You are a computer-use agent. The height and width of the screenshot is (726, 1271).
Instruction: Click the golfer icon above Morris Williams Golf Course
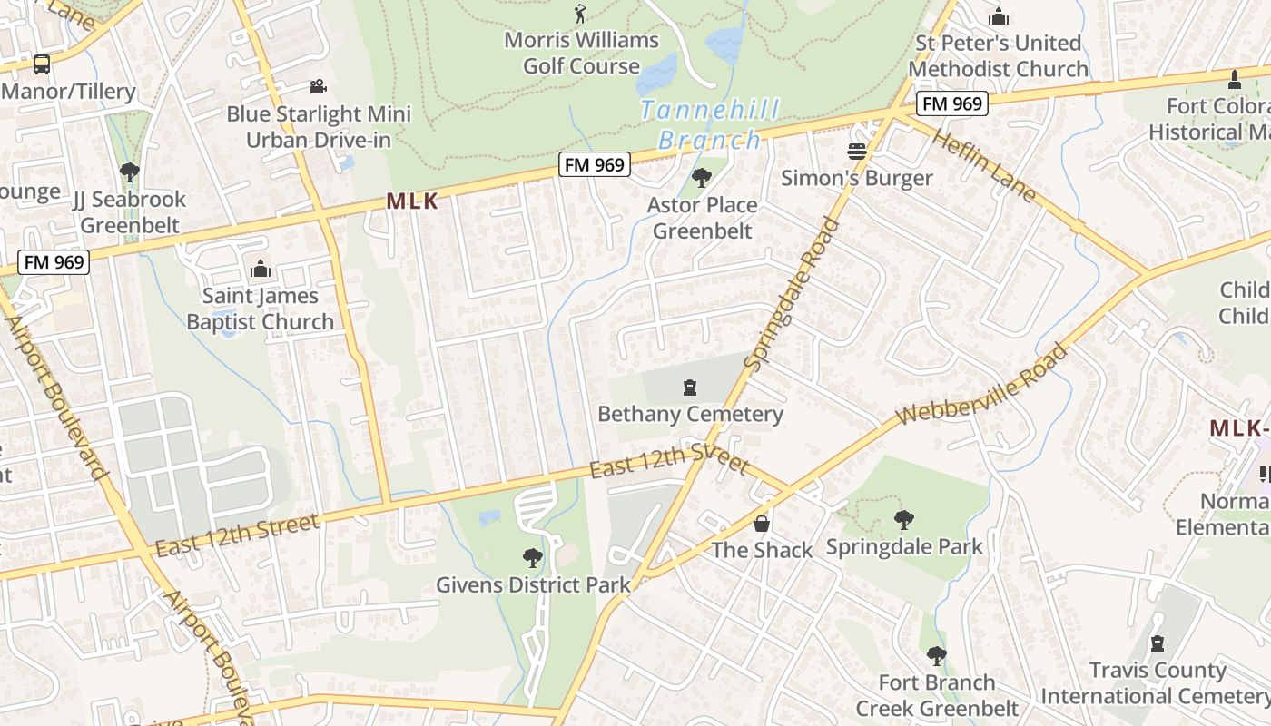pyautogui.click(x=581, y=14)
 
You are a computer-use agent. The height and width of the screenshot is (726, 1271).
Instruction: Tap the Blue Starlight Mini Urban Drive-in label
pyautogui.click(x=319, y=127)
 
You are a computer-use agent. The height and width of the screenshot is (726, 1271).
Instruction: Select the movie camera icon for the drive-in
pyautogui.click(x=318, y=86)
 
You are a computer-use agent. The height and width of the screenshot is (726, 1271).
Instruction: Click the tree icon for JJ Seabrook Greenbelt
pyautogui.click(x=129, y=172)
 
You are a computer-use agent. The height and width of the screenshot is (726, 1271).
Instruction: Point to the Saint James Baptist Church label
pyautogui.click(x=261, y=309)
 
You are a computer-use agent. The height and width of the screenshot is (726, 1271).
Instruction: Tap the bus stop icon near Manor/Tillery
pyautogui.click(x=42, y=64)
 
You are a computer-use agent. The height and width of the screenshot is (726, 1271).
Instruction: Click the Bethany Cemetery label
pyautogui.click(x=690, y=414)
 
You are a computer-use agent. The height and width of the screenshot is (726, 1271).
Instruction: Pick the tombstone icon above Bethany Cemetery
pyautogui.click(x=690, y=388)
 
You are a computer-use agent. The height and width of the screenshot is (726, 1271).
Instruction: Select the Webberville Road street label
pyautogui.click(x=982, y=384)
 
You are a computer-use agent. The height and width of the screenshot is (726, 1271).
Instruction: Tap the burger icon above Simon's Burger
pyautogui.click(x=857, y=151)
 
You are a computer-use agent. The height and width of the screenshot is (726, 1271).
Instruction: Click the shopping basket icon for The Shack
pyautogui.click(x=762, y=524)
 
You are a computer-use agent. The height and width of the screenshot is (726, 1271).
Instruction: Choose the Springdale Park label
pyautogui.click(x=904, y=547)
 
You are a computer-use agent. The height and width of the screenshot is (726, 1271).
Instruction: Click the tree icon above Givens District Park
pyautogui.click(x=533, y=557)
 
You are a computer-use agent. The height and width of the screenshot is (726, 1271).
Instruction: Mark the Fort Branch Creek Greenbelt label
pyautogui.click(x=938, y=695)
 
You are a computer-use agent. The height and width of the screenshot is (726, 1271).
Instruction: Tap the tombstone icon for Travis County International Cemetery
pyautogui.click(x=1157, y=643)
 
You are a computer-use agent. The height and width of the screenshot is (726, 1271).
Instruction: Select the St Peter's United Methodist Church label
pyautogui.click(x=998, y=55)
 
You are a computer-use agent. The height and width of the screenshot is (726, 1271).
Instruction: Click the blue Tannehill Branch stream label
pyautogui.click(x=709, y=125)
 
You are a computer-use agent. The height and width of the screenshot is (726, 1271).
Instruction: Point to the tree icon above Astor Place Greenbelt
pyautogui.click(x=701, y=177)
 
